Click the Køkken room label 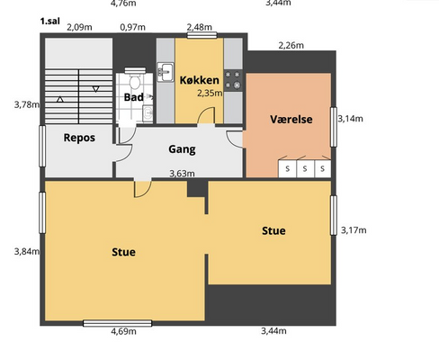point(200,80)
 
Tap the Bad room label point(133,97)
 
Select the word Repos point(79,138)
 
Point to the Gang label point(182,149)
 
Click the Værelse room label point(291,119)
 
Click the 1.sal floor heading point(50,21)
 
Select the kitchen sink point(166,72)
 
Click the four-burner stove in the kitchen point(233,80)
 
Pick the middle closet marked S point(305,168)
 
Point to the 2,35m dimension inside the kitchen point(210,94)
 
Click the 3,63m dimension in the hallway point(182,174)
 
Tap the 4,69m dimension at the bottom point(123,331)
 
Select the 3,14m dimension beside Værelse point(350,119)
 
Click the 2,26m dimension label point(291,45)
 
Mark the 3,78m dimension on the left point(27,104)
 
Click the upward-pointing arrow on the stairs point(60,99)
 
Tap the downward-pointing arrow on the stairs point(95,89)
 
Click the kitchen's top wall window point(202,35)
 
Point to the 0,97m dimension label point(132,27)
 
